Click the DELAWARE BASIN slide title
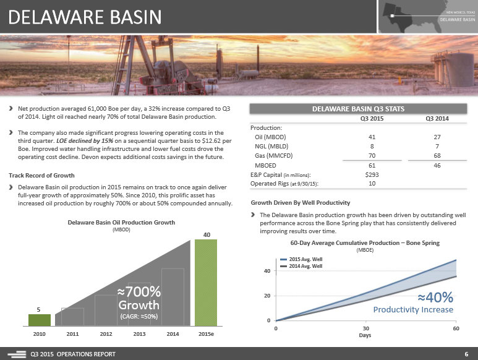(85, 17)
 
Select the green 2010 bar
(39, 319)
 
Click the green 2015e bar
(206, 281)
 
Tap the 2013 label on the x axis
(139, 333)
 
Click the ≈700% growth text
(139, 291)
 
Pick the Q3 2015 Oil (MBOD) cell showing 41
(372, 137)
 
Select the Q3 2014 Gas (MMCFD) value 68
(437, 155)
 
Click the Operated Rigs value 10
(372, 183)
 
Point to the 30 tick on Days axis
(366, 328)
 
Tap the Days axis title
(366, 335)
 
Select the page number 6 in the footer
(466, 354)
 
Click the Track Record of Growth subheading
(41, 175)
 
